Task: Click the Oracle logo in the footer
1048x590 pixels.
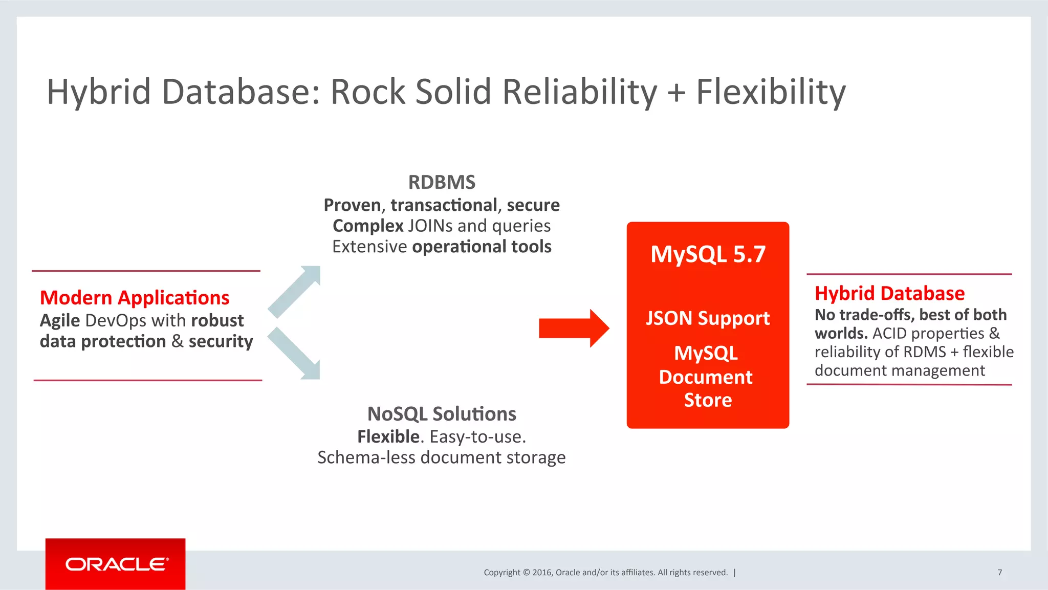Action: pos(116,564)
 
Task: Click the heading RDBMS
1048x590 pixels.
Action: pos(442,182)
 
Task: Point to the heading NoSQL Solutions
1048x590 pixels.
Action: pos(442,413)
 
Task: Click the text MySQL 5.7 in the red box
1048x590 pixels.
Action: pos(708,254)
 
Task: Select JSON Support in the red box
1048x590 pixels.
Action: pos(708,318)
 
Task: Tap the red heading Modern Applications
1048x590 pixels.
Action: pos(135,298)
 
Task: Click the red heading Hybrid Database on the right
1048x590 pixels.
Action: pos(889,293)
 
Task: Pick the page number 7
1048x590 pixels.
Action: pos(999,572)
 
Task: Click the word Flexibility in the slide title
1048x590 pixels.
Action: pos(771,92)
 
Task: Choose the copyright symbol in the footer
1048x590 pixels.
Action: pos(527,573)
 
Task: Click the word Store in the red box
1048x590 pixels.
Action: pos(708,400)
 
